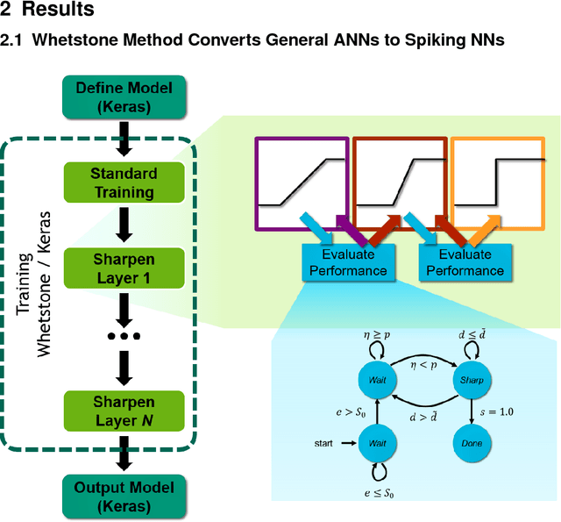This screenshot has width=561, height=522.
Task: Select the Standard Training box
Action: [x=123, y=182]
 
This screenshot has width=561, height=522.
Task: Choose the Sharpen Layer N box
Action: [x=123, y=411]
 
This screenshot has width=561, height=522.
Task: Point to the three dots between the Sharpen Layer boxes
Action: [x=124, y=337]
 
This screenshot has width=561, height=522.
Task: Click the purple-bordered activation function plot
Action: [x=302, y=181]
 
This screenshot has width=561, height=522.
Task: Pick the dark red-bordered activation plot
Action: [x=400, y=181]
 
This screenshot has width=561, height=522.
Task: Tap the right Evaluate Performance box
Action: [x=472, y=261]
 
